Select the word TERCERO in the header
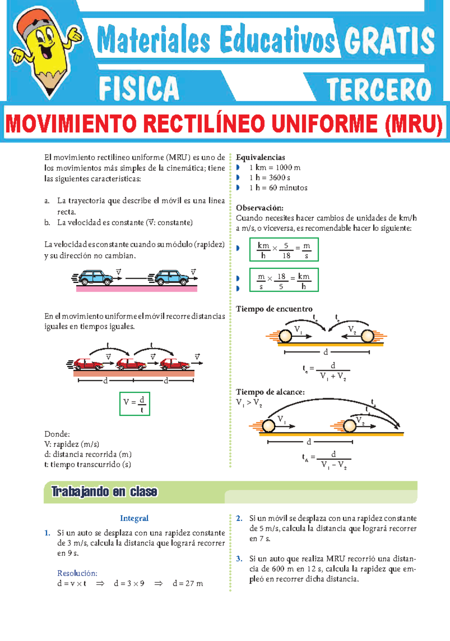point(379,89)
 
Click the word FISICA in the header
point(139,89)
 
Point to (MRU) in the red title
point(413,124)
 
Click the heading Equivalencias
point(260,157)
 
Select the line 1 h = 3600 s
point(270,178)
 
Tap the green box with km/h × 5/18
point(284,250)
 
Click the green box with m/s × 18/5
point(284,280)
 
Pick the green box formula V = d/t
point(135,404)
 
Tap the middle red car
point(131,364)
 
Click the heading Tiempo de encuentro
point(274,309)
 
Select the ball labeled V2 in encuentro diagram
point(367,336)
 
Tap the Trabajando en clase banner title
point(104,492)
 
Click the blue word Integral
point(134,518)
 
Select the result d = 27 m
point(187,584)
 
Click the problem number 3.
point(239,559)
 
